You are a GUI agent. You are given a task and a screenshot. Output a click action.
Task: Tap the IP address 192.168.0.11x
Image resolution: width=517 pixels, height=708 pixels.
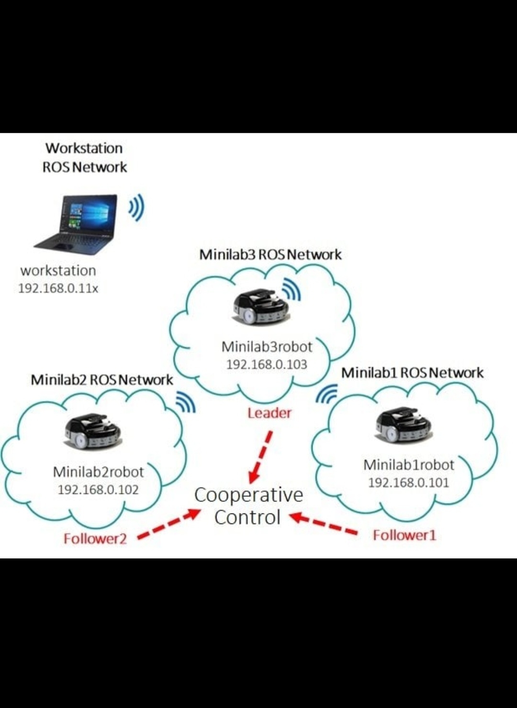(58, 289)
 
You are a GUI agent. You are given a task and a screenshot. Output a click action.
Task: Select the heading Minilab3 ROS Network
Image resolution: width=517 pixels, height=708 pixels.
(270, 254)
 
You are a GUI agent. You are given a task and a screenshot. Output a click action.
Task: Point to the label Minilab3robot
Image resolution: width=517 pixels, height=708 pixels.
(267, 347)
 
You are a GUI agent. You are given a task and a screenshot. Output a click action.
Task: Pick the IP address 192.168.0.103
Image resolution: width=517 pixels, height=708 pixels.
(267, 365)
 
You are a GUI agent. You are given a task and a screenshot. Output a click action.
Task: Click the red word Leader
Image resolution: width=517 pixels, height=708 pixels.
(269, 413)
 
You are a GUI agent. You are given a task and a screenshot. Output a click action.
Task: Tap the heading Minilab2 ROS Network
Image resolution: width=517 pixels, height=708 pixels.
(101, 380)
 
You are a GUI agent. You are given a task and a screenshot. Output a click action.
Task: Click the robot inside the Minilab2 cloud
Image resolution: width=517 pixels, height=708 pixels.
(92, 431)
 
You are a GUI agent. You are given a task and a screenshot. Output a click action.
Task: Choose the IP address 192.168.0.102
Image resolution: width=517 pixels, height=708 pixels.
(98, 490)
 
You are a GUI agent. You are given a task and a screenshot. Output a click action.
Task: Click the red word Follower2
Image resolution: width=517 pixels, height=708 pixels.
(95, 539)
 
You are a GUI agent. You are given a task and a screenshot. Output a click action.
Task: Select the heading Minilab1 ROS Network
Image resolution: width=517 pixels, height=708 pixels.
(412, 373)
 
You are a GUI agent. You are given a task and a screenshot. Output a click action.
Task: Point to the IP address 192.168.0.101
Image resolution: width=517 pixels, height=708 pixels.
(408, 483)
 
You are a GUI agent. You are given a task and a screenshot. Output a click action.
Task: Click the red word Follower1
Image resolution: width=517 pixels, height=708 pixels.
(405, 535)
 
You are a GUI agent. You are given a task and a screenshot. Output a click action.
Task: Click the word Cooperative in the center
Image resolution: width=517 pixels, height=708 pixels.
(248, 495)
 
